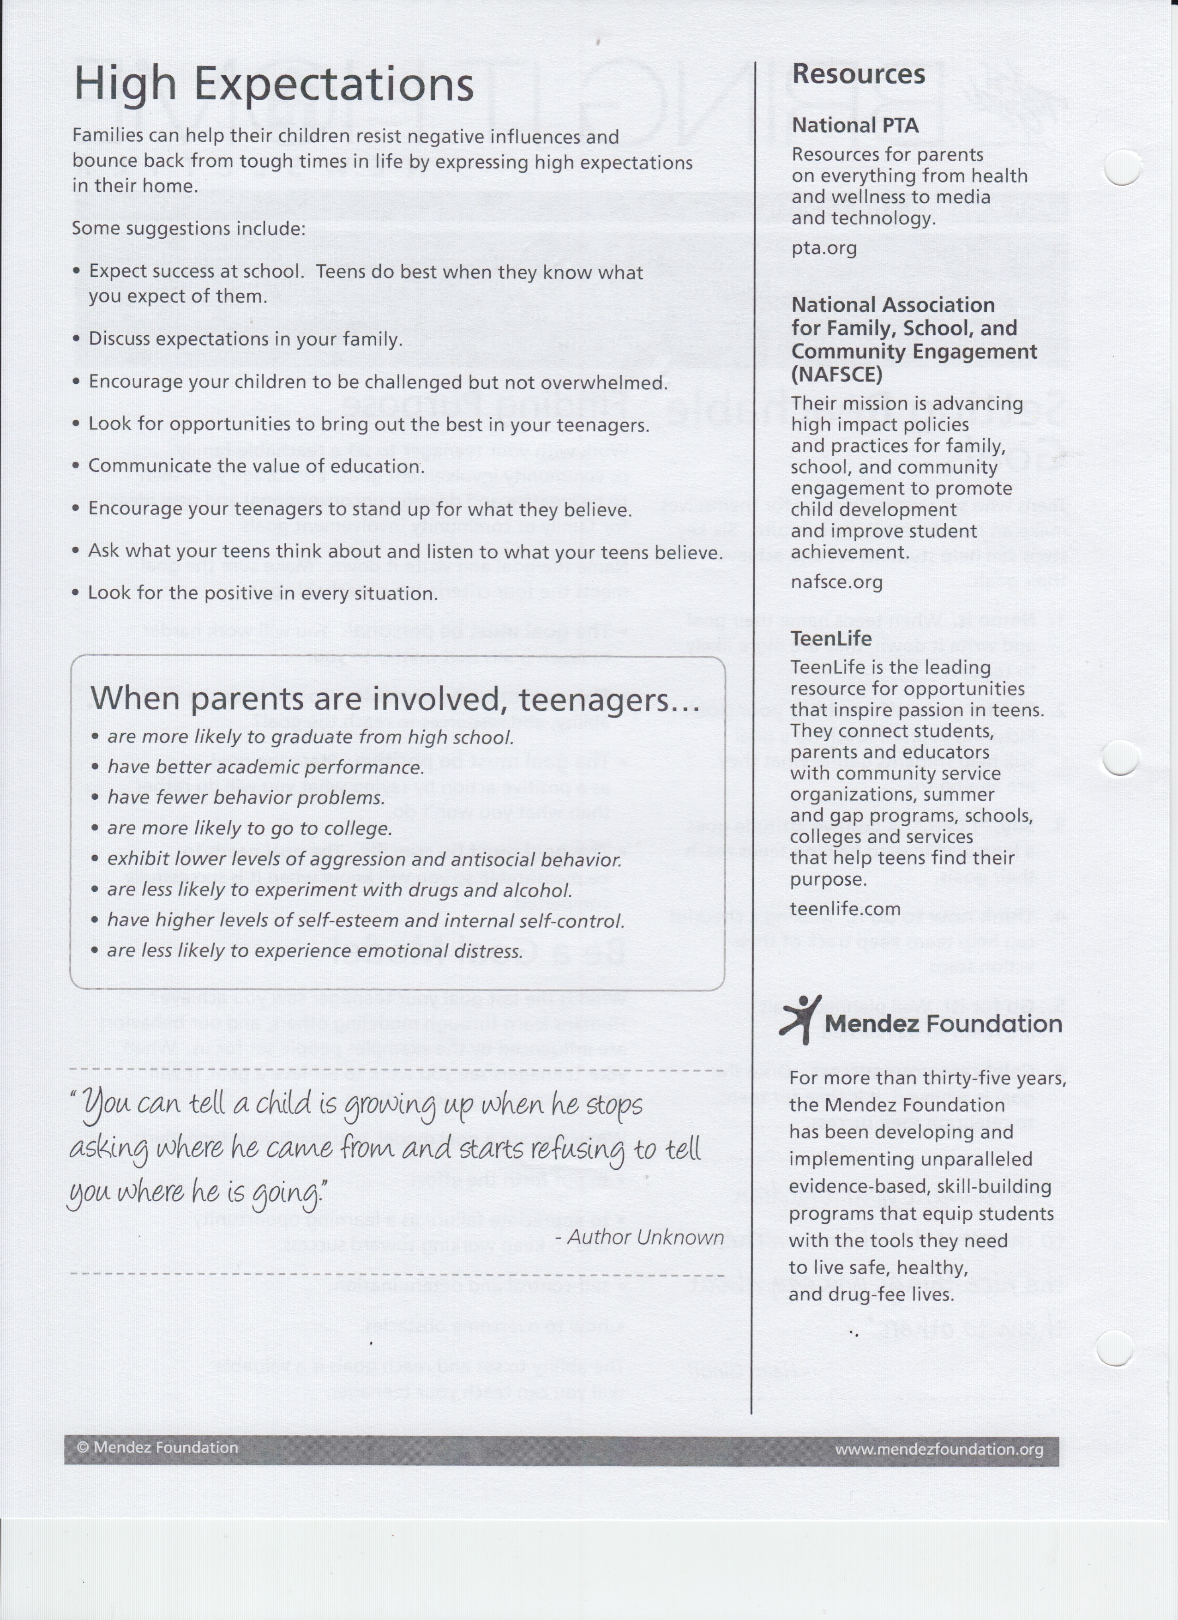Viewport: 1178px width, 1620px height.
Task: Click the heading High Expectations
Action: click(x=273, y=85)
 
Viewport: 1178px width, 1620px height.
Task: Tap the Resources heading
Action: click(x=858, y=74)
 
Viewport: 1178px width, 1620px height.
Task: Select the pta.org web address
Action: click(x=824, y=248)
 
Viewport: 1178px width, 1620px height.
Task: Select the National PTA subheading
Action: click(x=854, y=125)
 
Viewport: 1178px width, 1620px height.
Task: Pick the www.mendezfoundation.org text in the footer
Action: click(x=939, y=1449)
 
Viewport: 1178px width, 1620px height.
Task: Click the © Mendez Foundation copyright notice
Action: click(x=157, y=1448)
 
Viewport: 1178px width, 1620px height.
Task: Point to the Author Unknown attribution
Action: click(x=645, y=1237)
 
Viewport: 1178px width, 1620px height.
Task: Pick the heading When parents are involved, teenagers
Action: click(x=394, y=699)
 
